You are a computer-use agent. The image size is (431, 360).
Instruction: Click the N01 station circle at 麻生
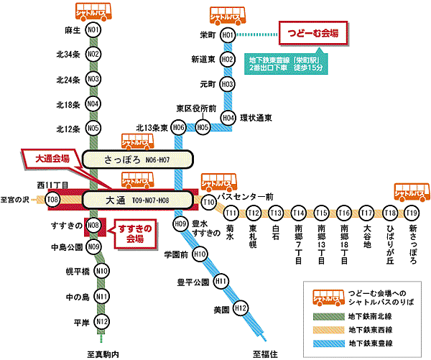[93, 31]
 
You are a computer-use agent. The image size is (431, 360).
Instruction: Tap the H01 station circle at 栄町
[228, 34]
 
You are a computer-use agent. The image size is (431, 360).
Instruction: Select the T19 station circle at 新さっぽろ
[412, 213]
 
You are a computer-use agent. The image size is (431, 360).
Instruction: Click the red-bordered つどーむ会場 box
[312, 33]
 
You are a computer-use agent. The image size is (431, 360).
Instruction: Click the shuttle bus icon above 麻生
[93, 11]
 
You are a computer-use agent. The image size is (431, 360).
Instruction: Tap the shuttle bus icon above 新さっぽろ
[412, 192]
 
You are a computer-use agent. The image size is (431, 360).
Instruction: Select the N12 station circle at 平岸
[102, 320]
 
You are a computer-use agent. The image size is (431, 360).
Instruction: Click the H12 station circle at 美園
[241, 309]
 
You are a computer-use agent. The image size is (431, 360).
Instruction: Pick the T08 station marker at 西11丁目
[52, 199]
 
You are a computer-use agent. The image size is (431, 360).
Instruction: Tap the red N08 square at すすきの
[93, 226]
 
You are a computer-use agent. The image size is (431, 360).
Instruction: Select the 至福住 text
[266, 353]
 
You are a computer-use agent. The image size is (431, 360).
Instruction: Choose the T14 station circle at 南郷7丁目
[299, 213]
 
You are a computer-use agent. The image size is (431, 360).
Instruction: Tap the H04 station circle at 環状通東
[228, 117]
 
